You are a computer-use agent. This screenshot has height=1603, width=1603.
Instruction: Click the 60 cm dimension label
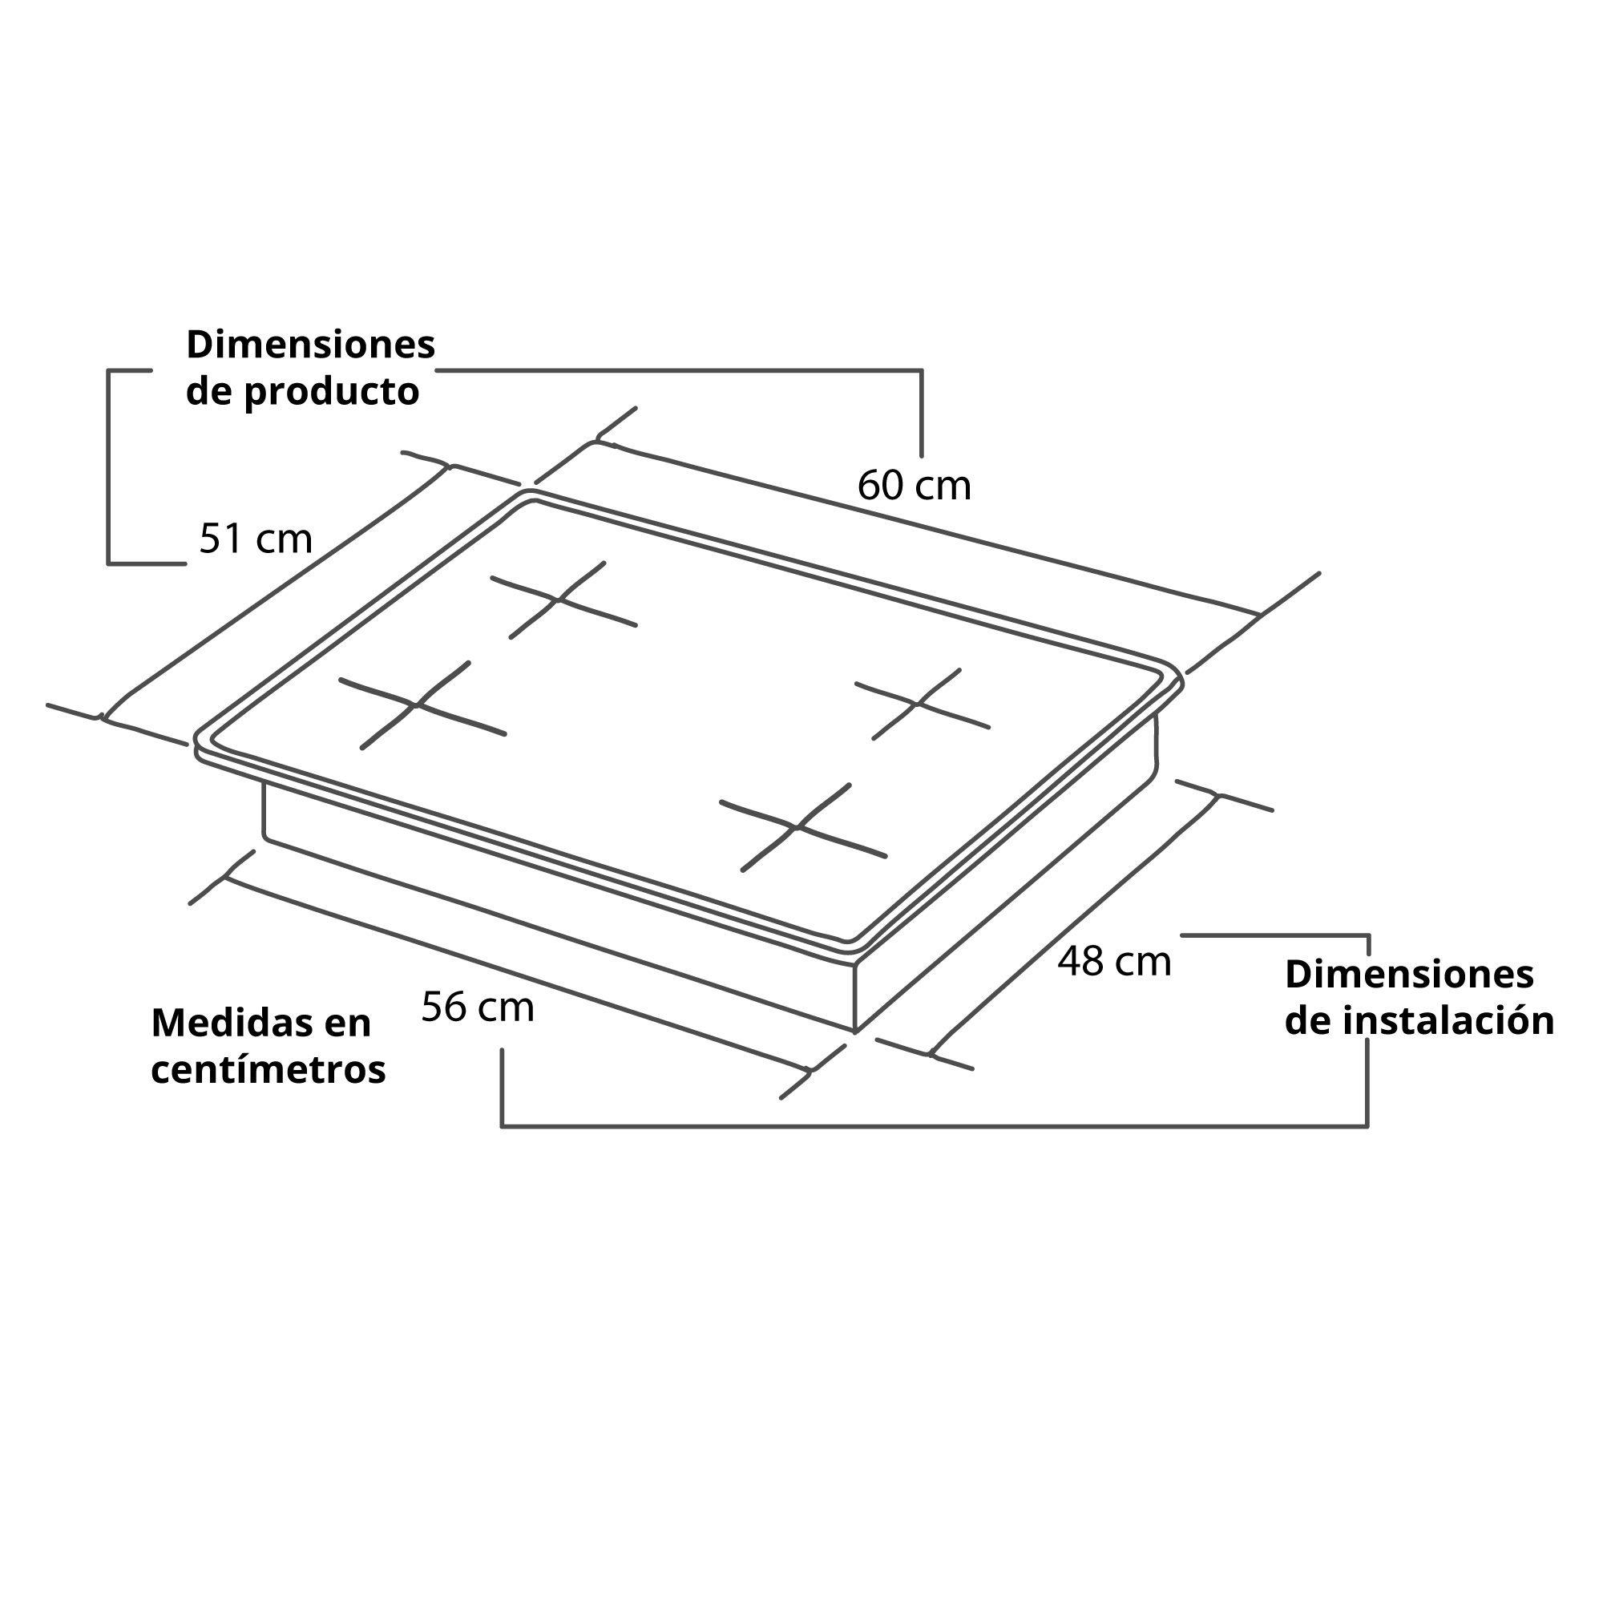tap(914, 486)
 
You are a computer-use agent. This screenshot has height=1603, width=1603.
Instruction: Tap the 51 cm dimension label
tap(256, 539)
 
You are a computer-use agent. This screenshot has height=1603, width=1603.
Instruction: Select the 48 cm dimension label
tap(1113, 962)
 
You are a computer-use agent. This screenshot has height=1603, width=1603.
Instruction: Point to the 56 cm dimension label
tap(478, 1007)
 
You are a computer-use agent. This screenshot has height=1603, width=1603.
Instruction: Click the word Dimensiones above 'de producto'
tap(310, 344)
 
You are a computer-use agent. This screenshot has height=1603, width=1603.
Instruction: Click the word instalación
tap(1448, 1020)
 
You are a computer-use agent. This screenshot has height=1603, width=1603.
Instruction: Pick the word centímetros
tap(269, 1069)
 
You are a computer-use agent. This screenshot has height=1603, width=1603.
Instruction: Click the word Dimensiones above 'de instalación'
tap(1409, 974)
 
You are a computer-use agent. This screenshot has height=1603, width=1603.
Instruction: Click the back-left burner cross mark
tap(563, 599)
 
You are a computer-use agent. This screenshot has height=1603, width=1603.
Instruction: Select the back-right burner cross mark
tap(919, 704)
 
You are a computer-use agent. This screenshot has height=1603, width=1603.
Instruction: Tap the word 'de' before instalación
tap(1310, 1020)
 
